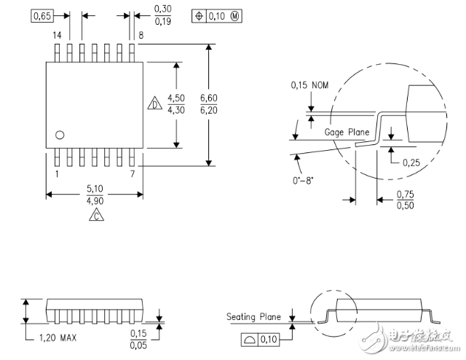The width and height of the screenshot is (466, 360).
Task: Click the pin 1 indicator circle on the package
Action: [x=60, y=134]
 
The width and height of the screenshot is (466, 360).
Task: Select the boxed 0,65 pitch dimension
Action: [x=42, y=15]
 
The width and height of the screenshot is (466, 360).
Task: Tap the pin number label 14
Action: [x=56, y=35]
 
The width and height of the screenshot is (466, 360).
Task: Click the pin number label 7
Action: [x=132, y=174]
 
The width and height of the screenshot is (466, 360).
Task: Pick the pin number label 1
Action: [x=57, y=174]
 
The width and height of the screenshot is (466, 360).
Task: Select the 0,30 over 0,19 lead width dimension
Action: [x=162, y=15]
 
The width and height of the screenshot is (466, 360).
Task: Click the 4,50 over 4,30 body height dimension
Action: [x=175, y=104]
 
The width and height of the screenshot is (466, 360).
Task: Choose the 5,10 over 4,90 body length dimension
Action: [x=94, y=195]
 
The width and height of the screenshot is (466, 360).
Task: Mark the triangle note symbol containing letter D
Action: [x=154, y=104]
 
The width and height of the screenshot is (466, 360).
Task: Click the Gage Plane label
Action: [x=347, y=133]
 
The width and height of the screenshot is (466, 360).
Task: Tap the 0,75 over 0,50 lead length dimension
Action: [x=405, y=200]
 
